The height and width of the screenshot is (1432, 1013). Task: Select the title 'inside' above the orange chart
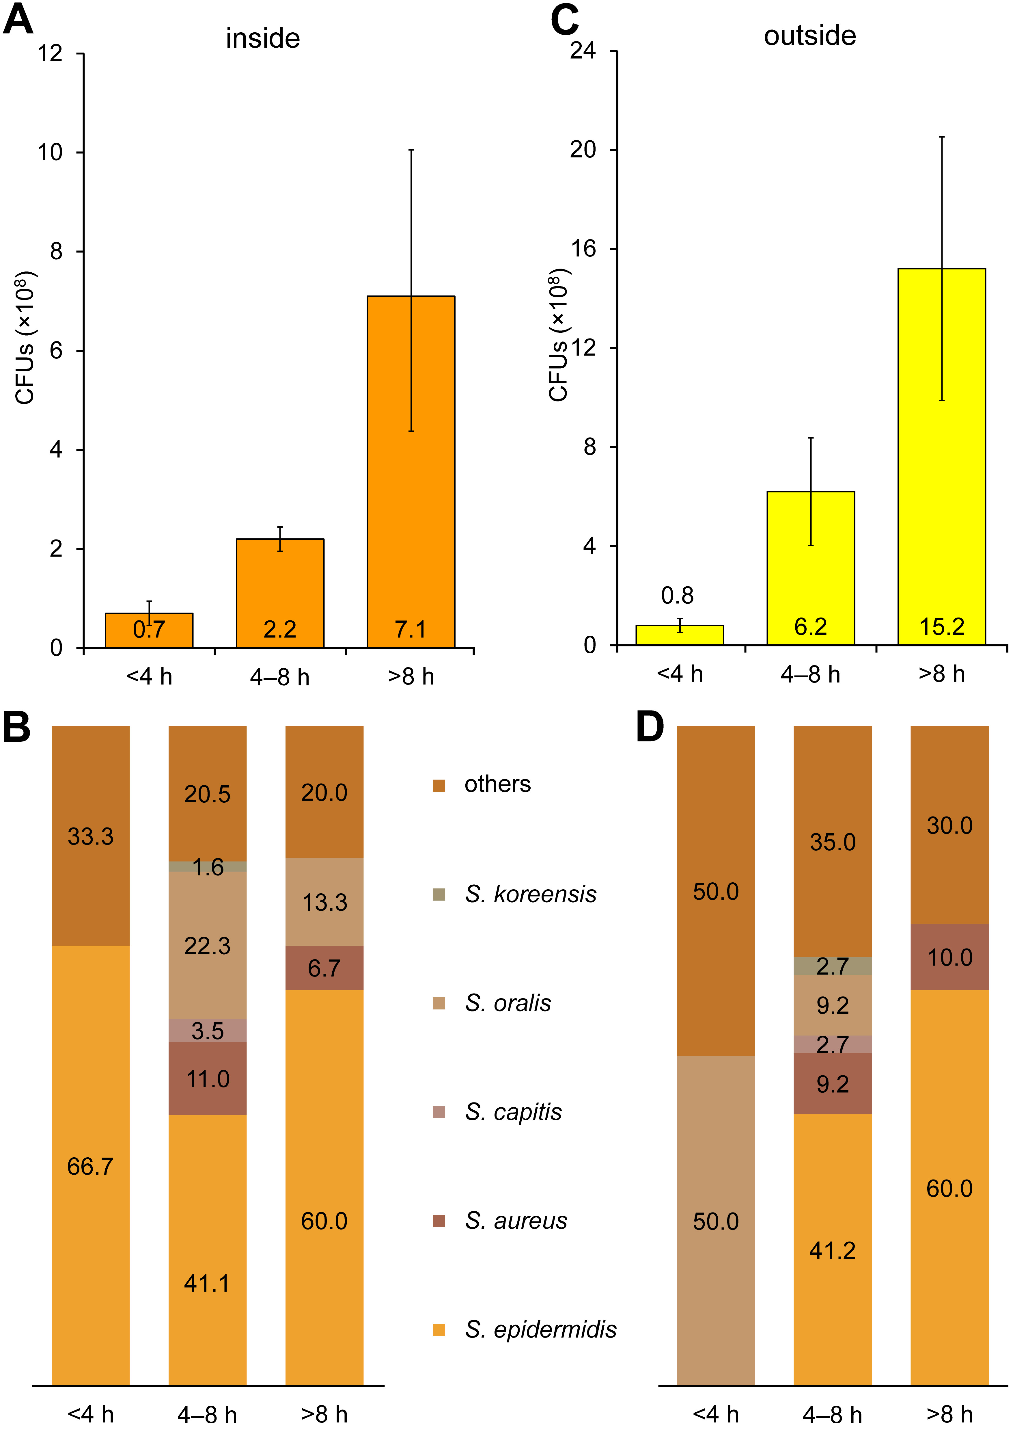click(263, 39)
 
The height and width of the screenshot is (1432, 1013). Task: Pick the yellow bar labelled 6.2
click(810, 568)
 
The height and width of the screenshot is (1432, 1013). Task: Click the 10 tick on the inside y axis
click(51, 152)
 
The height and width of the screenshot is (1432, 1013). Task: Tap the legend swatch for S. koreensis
click(439, 894)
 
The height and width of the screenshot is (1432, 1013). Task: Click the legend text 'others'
click(497, 784)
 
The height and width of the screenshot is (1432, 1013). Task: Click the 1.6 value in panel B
click(208, 867)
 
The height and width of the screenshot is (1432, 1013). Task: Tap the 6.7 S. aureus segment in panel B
click(324, 968)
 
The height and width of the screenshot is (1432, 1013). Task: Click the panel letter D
click(649, 728)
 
